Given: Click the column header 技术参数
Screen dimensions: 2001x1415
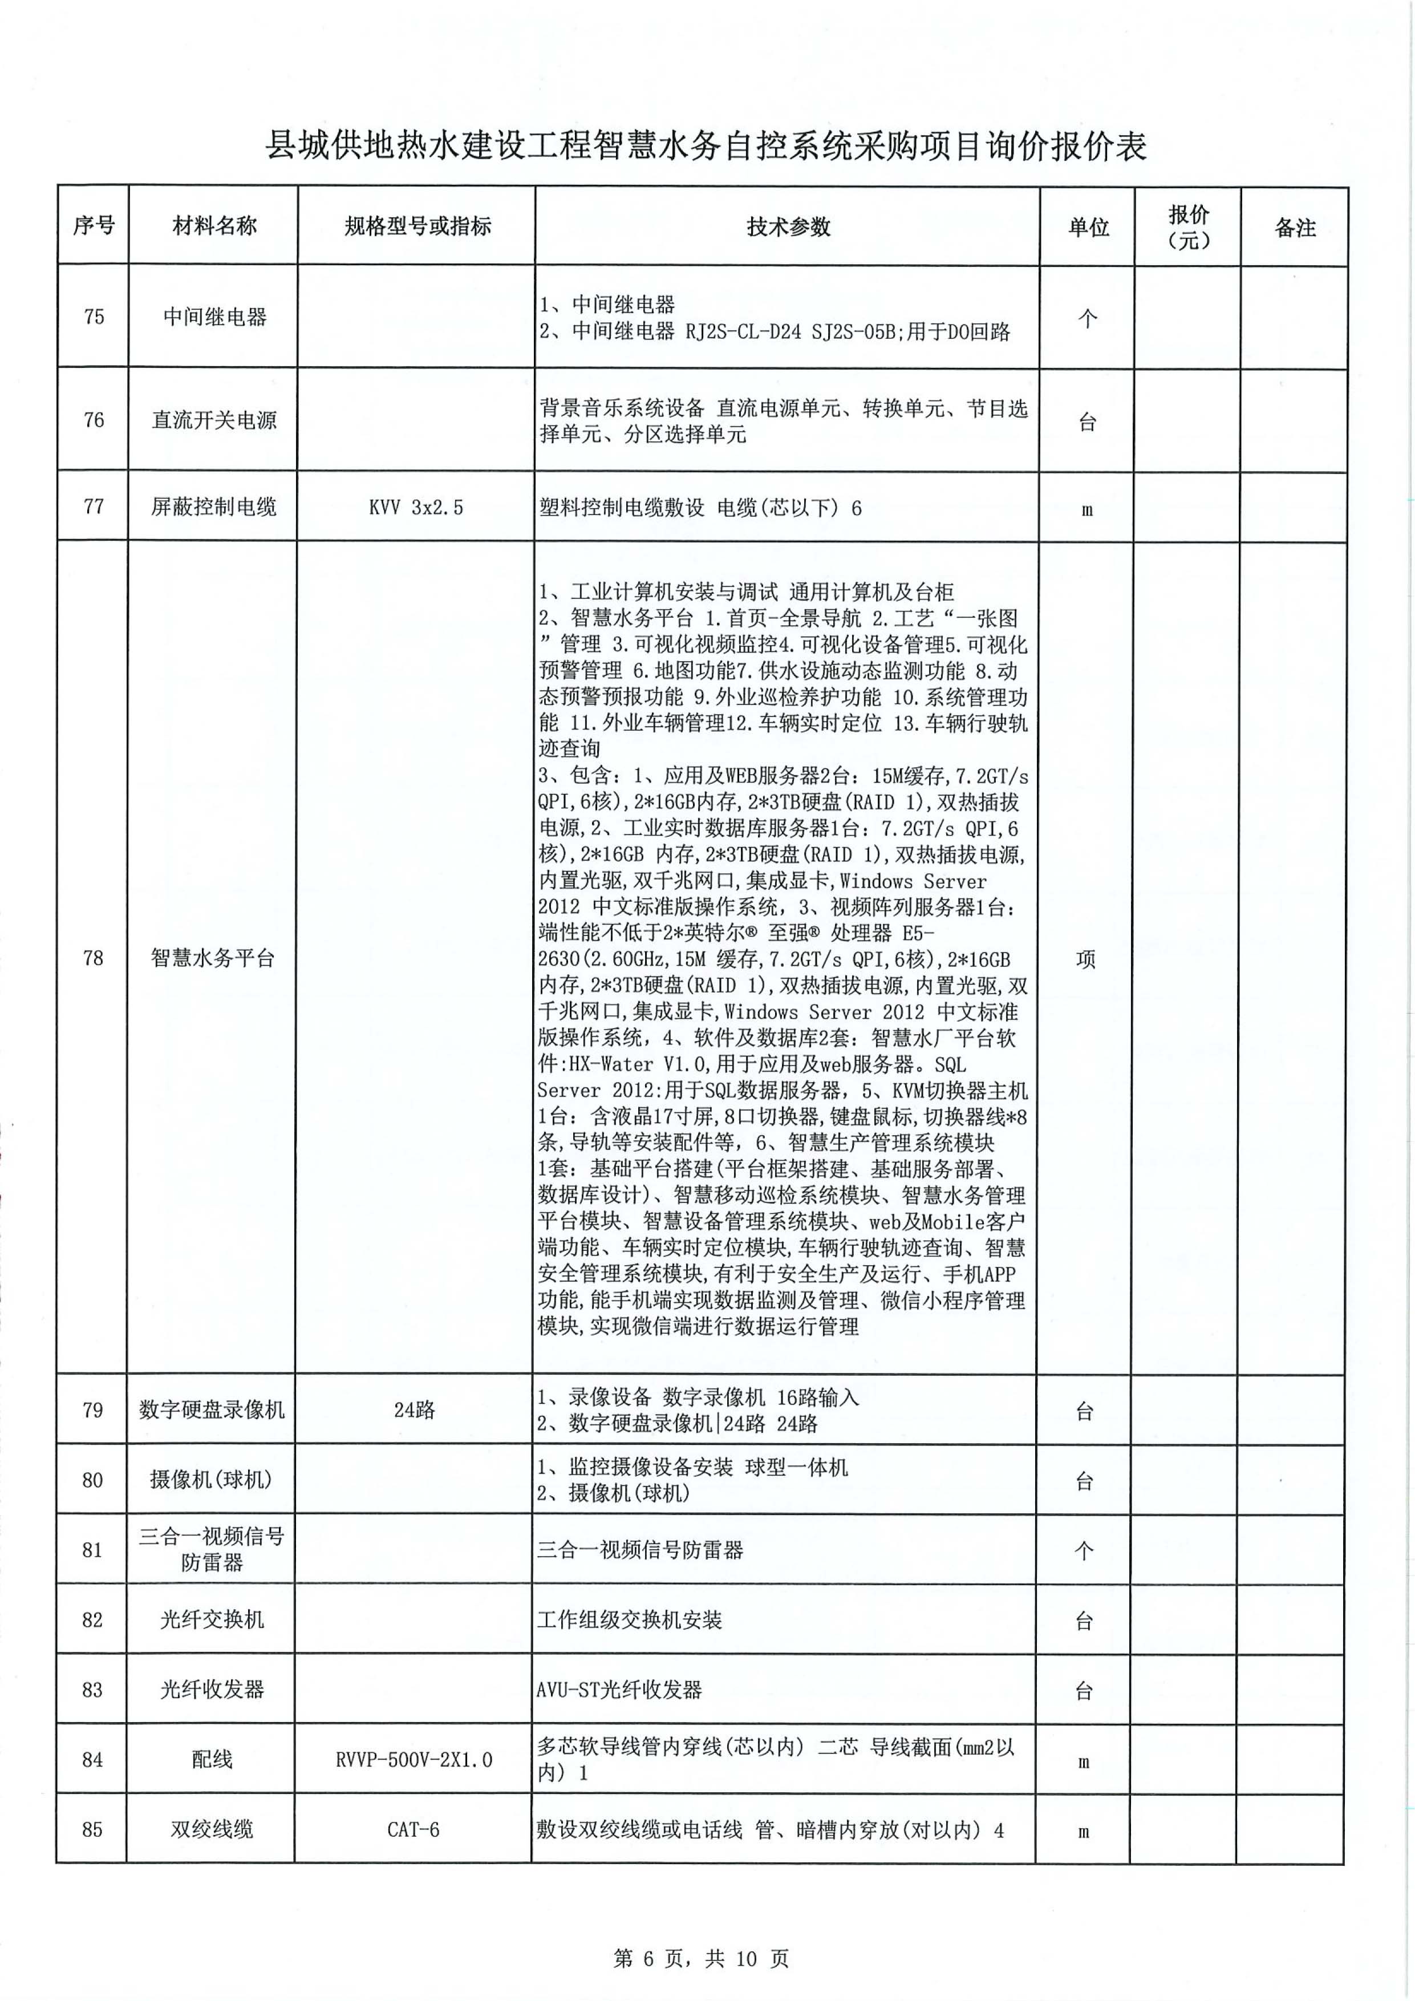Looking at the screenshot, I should coord(788,226).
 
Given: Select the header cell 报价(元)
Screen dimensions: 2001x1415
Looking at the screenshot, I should coord(1187,226).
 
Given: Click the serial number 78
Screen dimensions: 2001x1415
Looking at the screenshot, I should coord(92,958).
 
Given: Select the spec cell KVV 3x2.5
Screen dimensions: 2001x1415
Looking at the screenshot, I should coord(416,507).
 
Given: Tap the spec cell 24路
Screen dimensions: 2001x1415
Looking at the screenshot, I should coord(414,1410).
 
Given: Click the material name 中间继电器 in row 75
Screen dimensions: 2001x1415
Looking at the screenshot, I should coord(214,317).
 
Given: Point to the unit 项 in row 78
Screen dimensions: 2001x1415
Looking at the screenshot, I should coord(1086,959).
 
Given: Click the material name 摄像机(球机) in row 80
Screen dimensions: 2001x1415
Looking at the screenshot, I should coord(211,1480).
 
